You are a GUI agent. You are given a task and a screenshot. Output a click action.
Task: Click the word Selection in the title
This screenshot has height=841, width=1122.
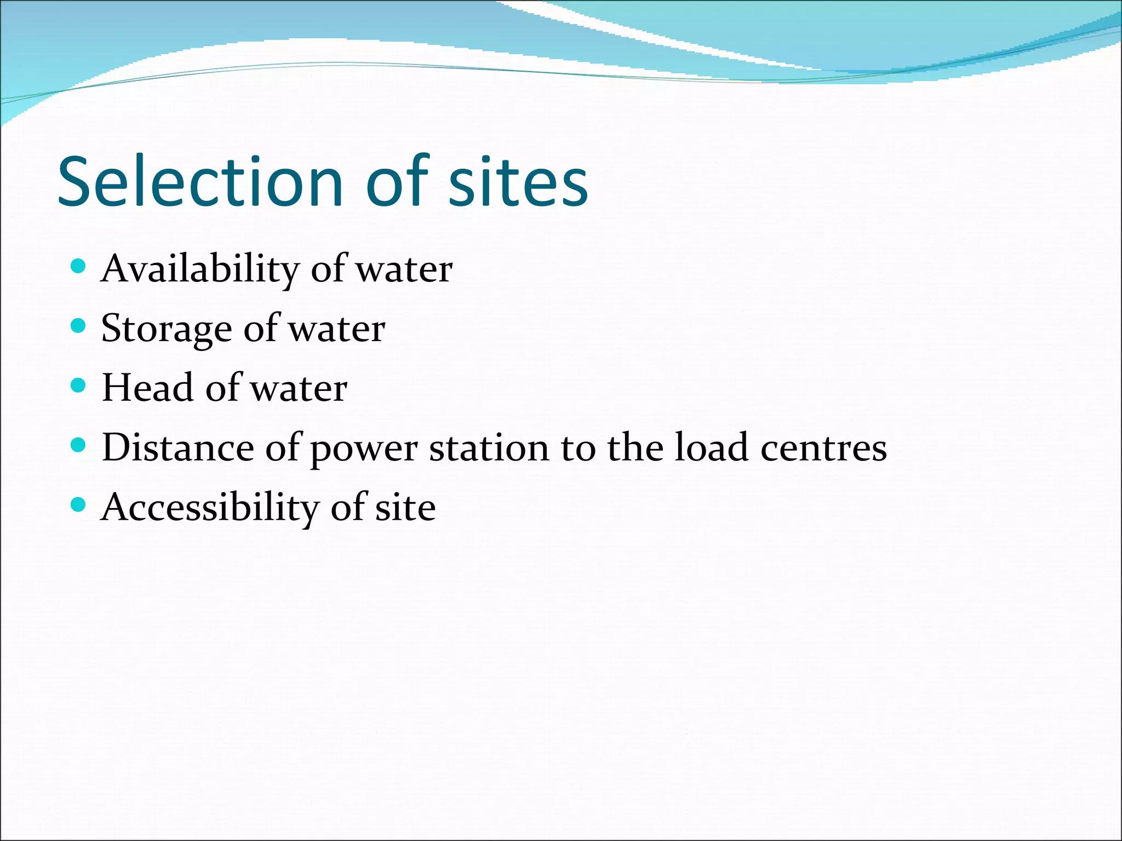tap(200, 182)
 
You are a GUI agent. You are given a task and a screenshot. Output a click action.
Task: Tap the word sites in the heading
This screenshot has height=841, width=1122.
tap(518, 182)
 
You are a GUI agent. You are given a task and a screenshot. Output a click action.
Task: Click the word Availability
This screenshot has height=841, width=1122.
tap(201, 269)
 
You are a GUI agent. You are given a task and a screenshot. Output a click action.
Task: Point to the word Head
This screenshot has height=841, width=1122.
tap(147, 388)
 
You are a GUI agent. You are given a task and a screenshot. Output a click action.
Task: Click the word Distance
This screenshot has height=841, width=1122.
tap(178, 448)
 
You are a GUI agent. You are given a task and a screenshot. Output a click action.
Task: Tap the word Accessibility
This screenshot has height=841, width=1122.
tap(210, 508)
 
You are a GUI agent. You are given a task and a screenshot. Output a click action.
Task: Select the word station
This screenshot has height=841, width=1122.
tap(489, 448)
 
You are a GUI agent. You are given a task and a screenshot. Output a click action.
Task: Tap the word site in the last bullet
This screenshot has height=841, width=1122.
tap(405, 508)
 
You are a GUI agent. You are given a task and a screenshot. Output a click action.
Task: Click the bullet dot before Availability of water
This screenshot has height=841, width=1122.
tap(79, 267)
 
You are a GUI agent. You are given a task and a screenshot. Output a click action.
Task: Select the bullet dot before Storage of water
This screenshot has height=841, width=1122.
tap(79, 326)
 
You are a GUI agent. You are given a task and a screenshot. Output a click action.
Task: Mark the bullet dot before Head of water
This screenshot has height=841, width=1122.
tap(79, 385)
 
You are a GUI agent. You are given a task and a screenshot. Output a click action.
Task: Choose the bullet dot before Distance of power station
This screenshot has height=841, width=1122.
tap(79, 445)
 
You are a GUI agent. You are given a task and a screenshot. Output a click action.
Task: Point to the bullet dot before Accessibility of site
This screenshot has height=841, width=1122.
tap(79, 504)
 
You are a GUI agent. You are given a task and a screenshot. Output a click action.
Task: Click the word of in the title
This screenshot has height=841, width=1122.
tap(397, 182)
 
